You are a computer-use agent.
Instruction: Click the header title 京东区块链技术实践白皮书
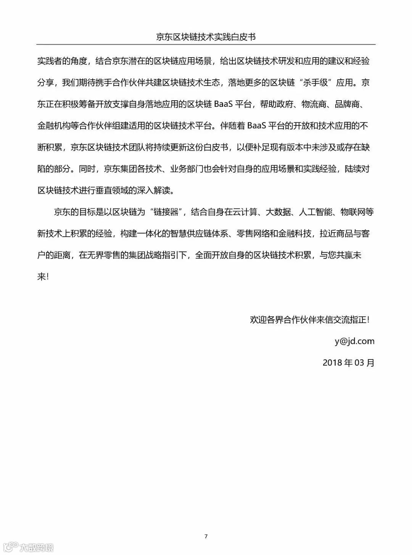tap(206, 37)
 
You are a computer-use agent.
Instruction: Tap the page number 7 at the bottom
tap(206, 536)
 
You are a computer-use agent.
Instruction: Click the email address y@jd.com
tap(354, 341)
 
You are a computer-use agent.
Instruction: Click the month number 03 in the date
tap(360, 363)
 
